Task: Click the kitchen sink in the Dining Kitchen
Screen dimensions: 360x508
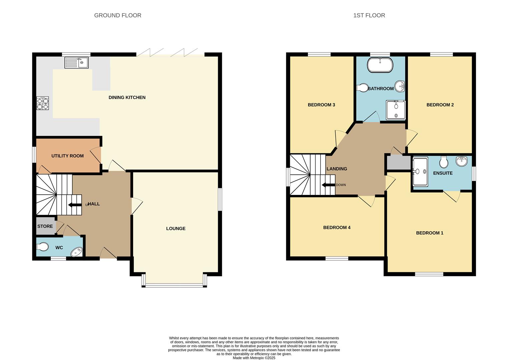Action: (x=76, y=63)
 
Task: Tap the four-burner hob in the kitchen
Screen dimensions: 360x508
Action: (x=43, y=103)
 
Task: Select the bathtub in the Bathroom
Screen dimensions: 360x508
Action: (x=380, y=65)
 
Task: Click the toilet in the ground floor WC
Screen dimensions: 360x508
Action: (x=42, y=247)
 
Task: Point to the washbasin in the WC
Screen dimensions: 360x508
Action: (x=77, y=252)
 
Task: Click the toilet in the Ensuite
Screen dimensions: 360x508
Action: (x=444, y=162)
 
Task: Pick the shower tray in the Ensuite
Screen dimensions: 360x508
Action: (x=420, y=172)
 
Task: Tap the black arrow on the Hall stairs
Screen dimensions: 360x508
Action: (x=74, y=205)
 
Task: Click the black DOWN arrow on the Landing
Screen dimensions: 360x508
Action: (x=328, y=185)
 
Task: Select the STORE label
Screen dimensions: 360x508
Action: (x=45, y=226)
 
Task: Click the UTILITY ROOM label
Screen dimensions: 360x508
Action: (x=67, y=156)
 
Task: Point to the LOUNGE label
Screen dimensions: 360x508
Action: (x=176, y=228)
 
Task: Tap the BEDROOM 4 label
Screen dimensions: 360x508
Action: (x=337, y=227)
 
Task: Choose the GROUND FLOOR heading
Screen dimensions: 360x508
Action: (x=117, y=15)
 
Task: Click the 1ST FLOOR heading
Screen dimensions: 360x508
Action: (x=369, y=15)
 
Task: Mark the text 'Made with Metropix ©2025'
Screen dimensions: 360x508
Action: (x=254, y=358)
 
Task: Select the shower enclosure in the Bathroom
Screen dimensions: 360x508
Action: (x=396, y=110)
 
